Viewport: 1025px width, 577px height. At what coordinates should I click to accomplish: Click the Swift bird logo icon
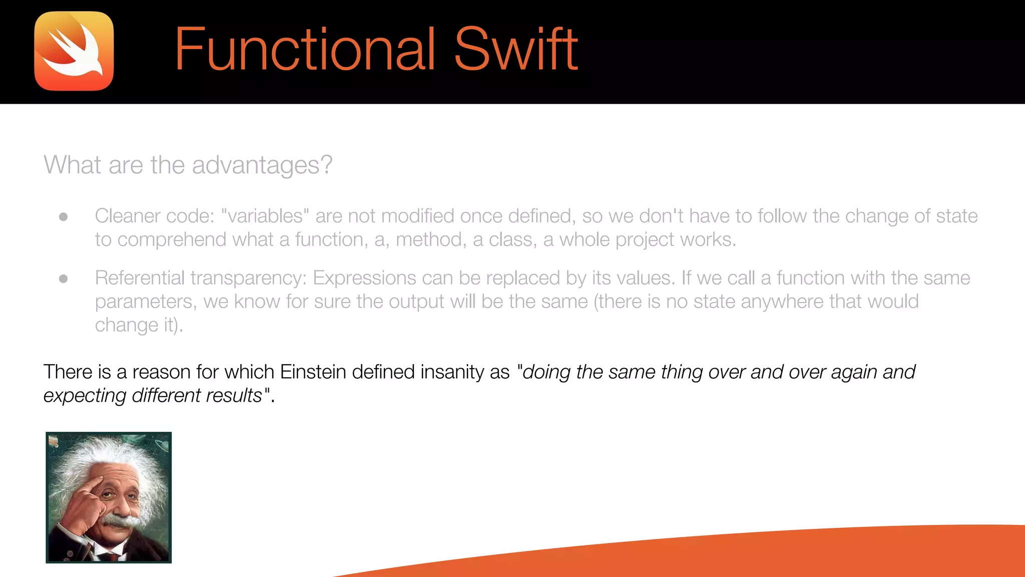tap(74, 51)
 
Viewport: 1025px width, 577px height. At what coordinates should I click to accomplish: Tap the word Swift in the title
tap(516, 50)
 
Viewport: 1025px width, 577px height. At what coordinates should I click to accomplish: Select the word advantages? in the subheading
tap(262, 165)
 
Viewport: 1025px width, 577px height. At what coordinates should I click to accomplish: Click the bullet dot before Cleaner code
tap(64, 217)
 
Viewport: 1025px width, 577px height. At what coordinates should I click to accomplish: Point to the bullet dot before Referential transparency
tap(64, 278)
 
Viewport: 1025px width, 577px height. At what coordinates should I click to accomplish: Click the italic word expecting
tap(85, 396)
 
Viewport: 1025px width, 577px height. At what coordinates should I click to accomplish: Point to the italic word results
tap(234, 396)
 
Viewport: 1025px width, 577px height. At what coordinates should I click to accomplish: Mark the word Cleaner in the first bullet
tap(127, 216)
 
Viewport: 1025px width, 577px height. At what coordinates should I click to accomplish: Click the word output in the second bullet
tap(416, 302)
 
